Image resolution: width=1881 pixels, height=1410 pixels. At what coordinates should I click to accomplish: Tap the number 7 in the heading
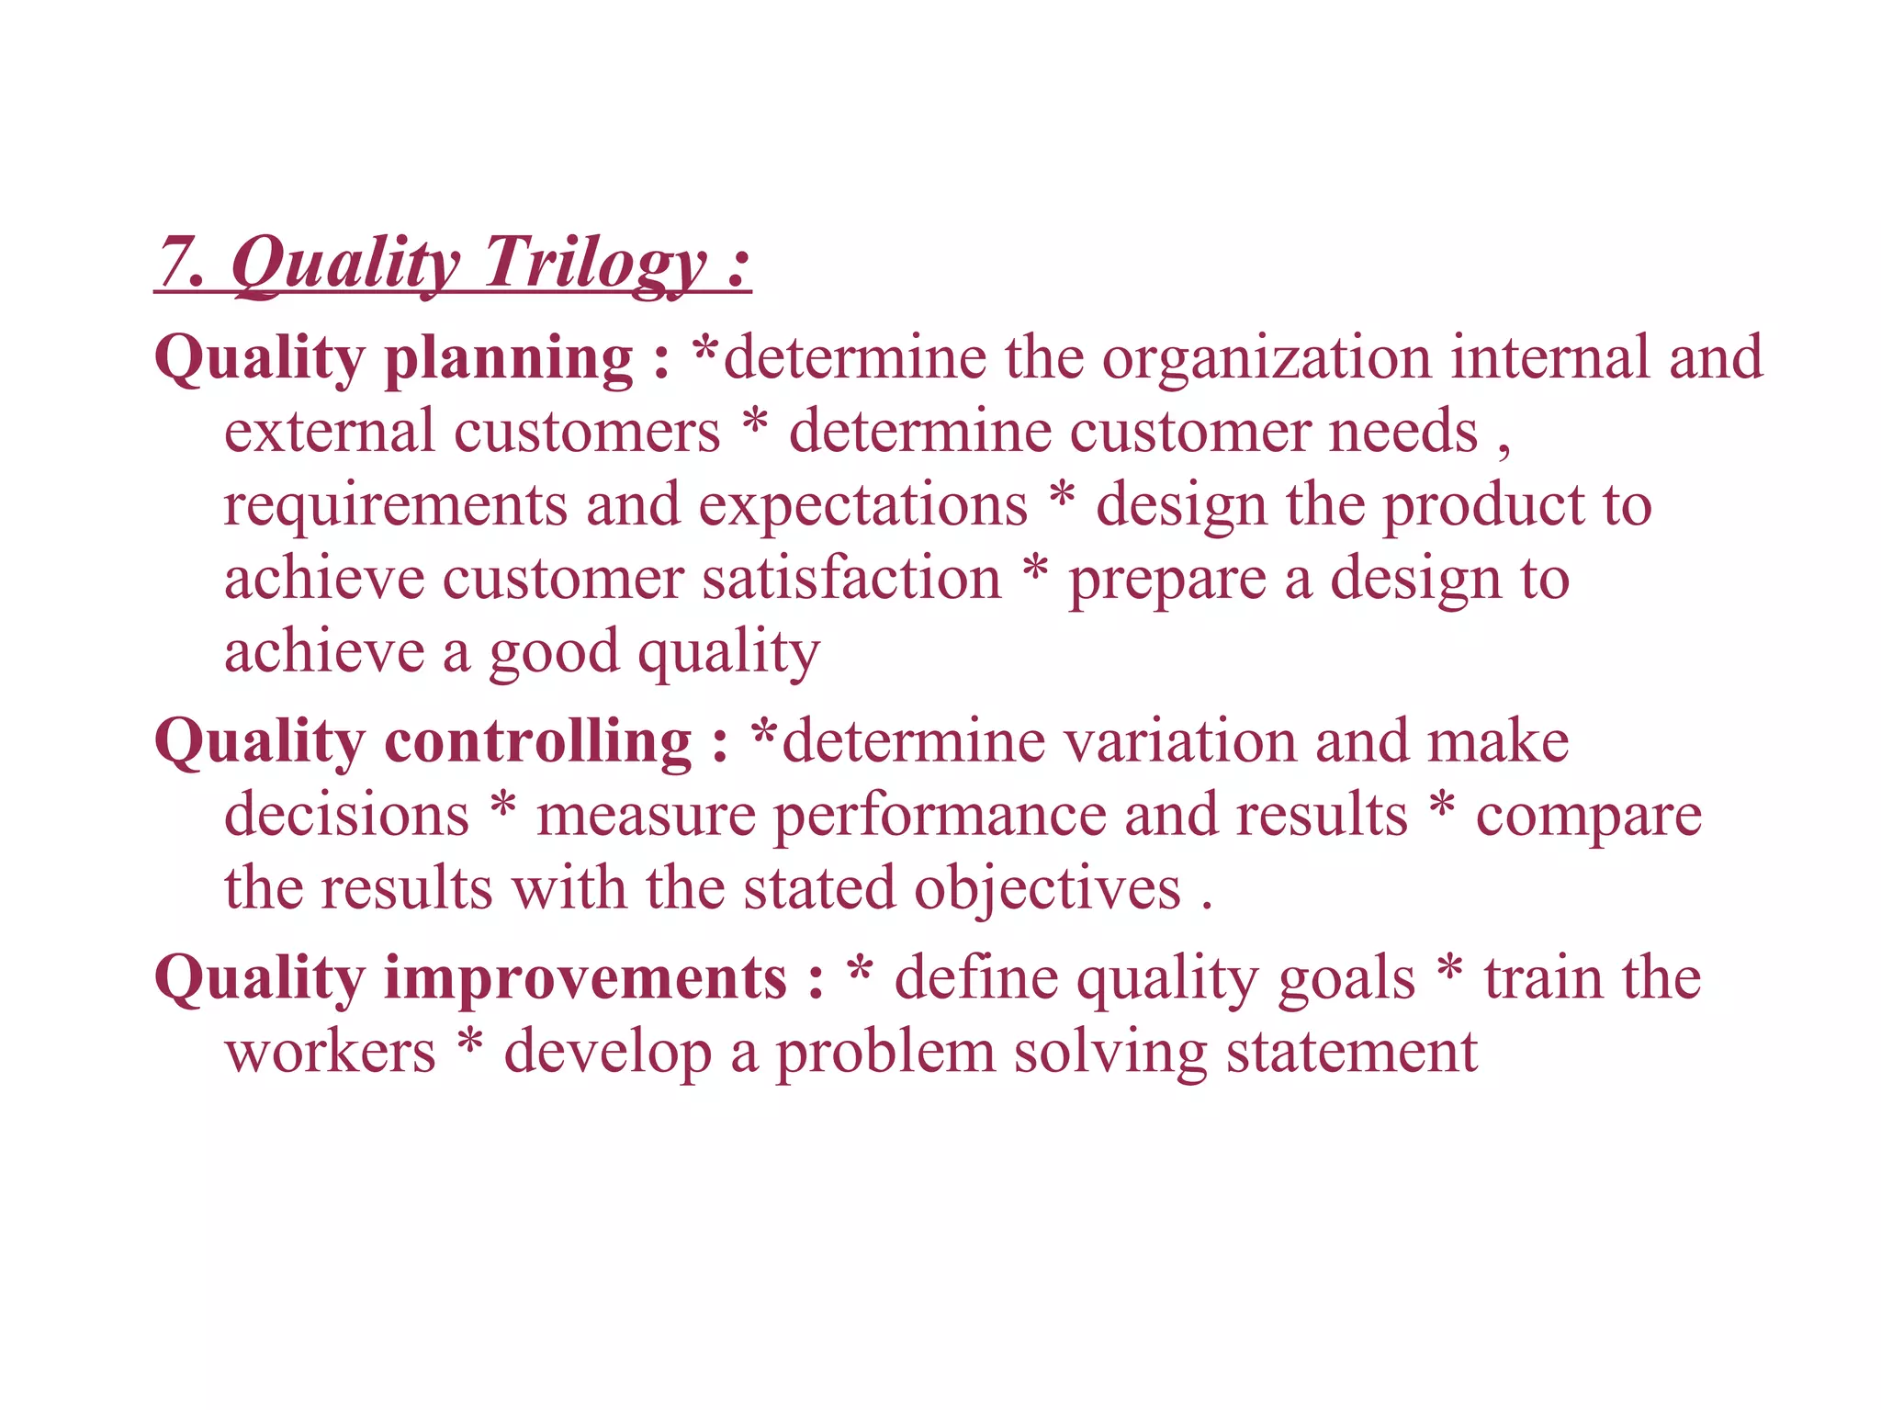(x=175, y=264)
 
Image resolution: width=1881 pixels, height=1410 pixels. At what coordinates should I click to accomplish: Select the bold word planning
(x=508, y=358)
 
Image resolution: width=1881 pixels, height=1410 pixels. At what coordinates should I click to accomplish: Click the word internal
(x=1549, y=358)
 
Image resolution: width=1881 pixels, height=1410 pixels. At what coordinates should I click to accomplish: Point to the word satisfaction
(x=851, y=580)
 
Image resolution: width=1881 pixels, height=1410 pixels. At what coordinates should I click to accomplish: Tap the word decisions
(x=346, y=815)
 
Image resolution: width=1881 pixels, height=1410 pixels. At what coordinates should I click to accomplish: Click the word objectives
(x=1047, y=889)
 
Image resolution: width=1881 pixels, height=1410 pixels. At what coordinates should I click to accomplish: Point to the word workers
(x=330, y=1052)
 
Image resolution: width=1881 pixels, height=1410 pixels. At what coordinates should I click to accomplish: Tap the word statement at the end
(x=1352, y=1052)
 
